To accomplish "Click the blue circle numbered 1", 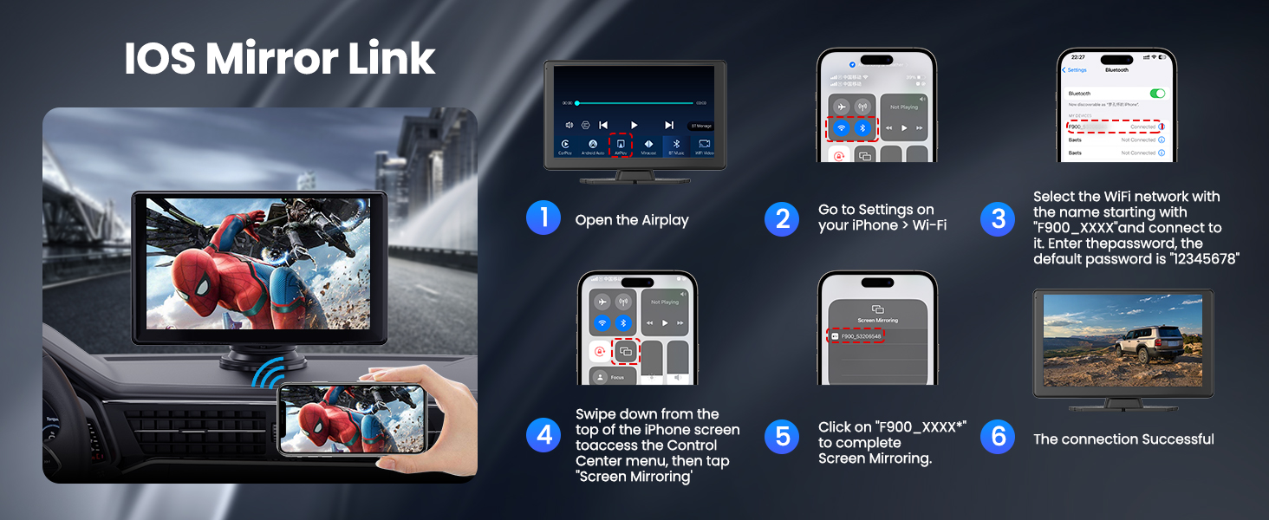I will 543,218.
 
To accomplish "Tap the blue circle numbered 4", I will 543,435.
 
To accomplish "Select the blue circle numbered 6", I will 998,437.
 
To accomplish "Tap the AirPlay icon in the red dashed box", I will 621,143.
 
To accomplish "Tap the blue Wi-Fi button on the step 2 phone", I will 841,127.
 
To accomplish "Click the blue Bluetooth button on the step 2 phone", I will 862,127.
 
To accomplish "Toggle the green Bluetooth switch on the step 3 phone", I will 1157,93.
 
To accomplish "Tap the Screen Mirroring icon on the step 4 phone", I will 625,351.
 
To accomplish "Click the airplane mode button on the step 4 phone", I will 602,301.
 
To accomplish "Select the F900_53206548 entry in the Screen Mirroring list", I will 856,335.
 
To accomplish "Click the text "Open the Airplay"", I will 631,220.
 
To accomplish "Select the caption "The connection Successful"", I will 1123,439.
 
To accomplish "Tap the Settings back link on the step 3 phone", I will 1076,70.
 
